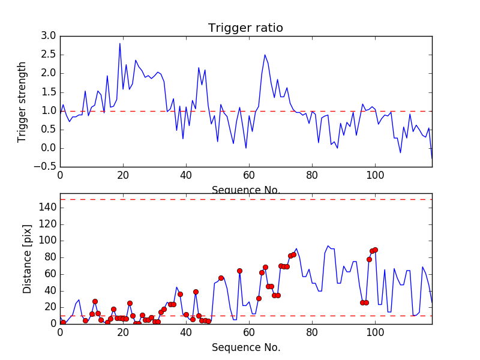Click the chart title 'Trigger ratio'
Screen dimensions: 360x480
tap(245, 28)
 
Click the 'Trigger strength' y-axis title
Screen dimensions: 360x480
tap(22, 101)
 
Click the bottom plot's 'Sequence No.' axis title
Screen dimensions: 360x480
tap(245, 347)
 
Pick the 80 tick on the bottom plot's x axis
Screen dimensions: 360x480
tap(312, 333)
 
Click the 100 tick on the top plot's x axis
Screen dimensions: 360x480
tap(375, 175)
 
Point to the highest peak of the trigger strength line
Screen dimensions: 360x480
tap(119, 43)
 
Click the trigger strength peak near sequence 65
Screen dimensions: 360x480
tap(265, 55)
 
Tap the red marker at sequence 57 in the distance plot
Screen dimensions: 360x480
tap(239, 271)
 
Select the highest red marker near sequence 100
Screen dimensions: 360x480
tap(375, 250)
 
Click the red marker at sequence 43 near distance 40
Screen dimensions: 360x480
tap(196, 292)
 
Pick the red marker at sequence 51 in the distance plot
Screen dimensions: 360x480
tap(221, 278)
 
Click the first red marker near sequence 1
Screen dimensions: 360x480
tap(63, 322)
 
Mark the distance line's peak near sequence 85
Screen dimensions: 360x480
tap(328, 245)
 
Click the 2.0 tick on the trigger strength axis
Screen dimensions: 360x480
tap(49, 73)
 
